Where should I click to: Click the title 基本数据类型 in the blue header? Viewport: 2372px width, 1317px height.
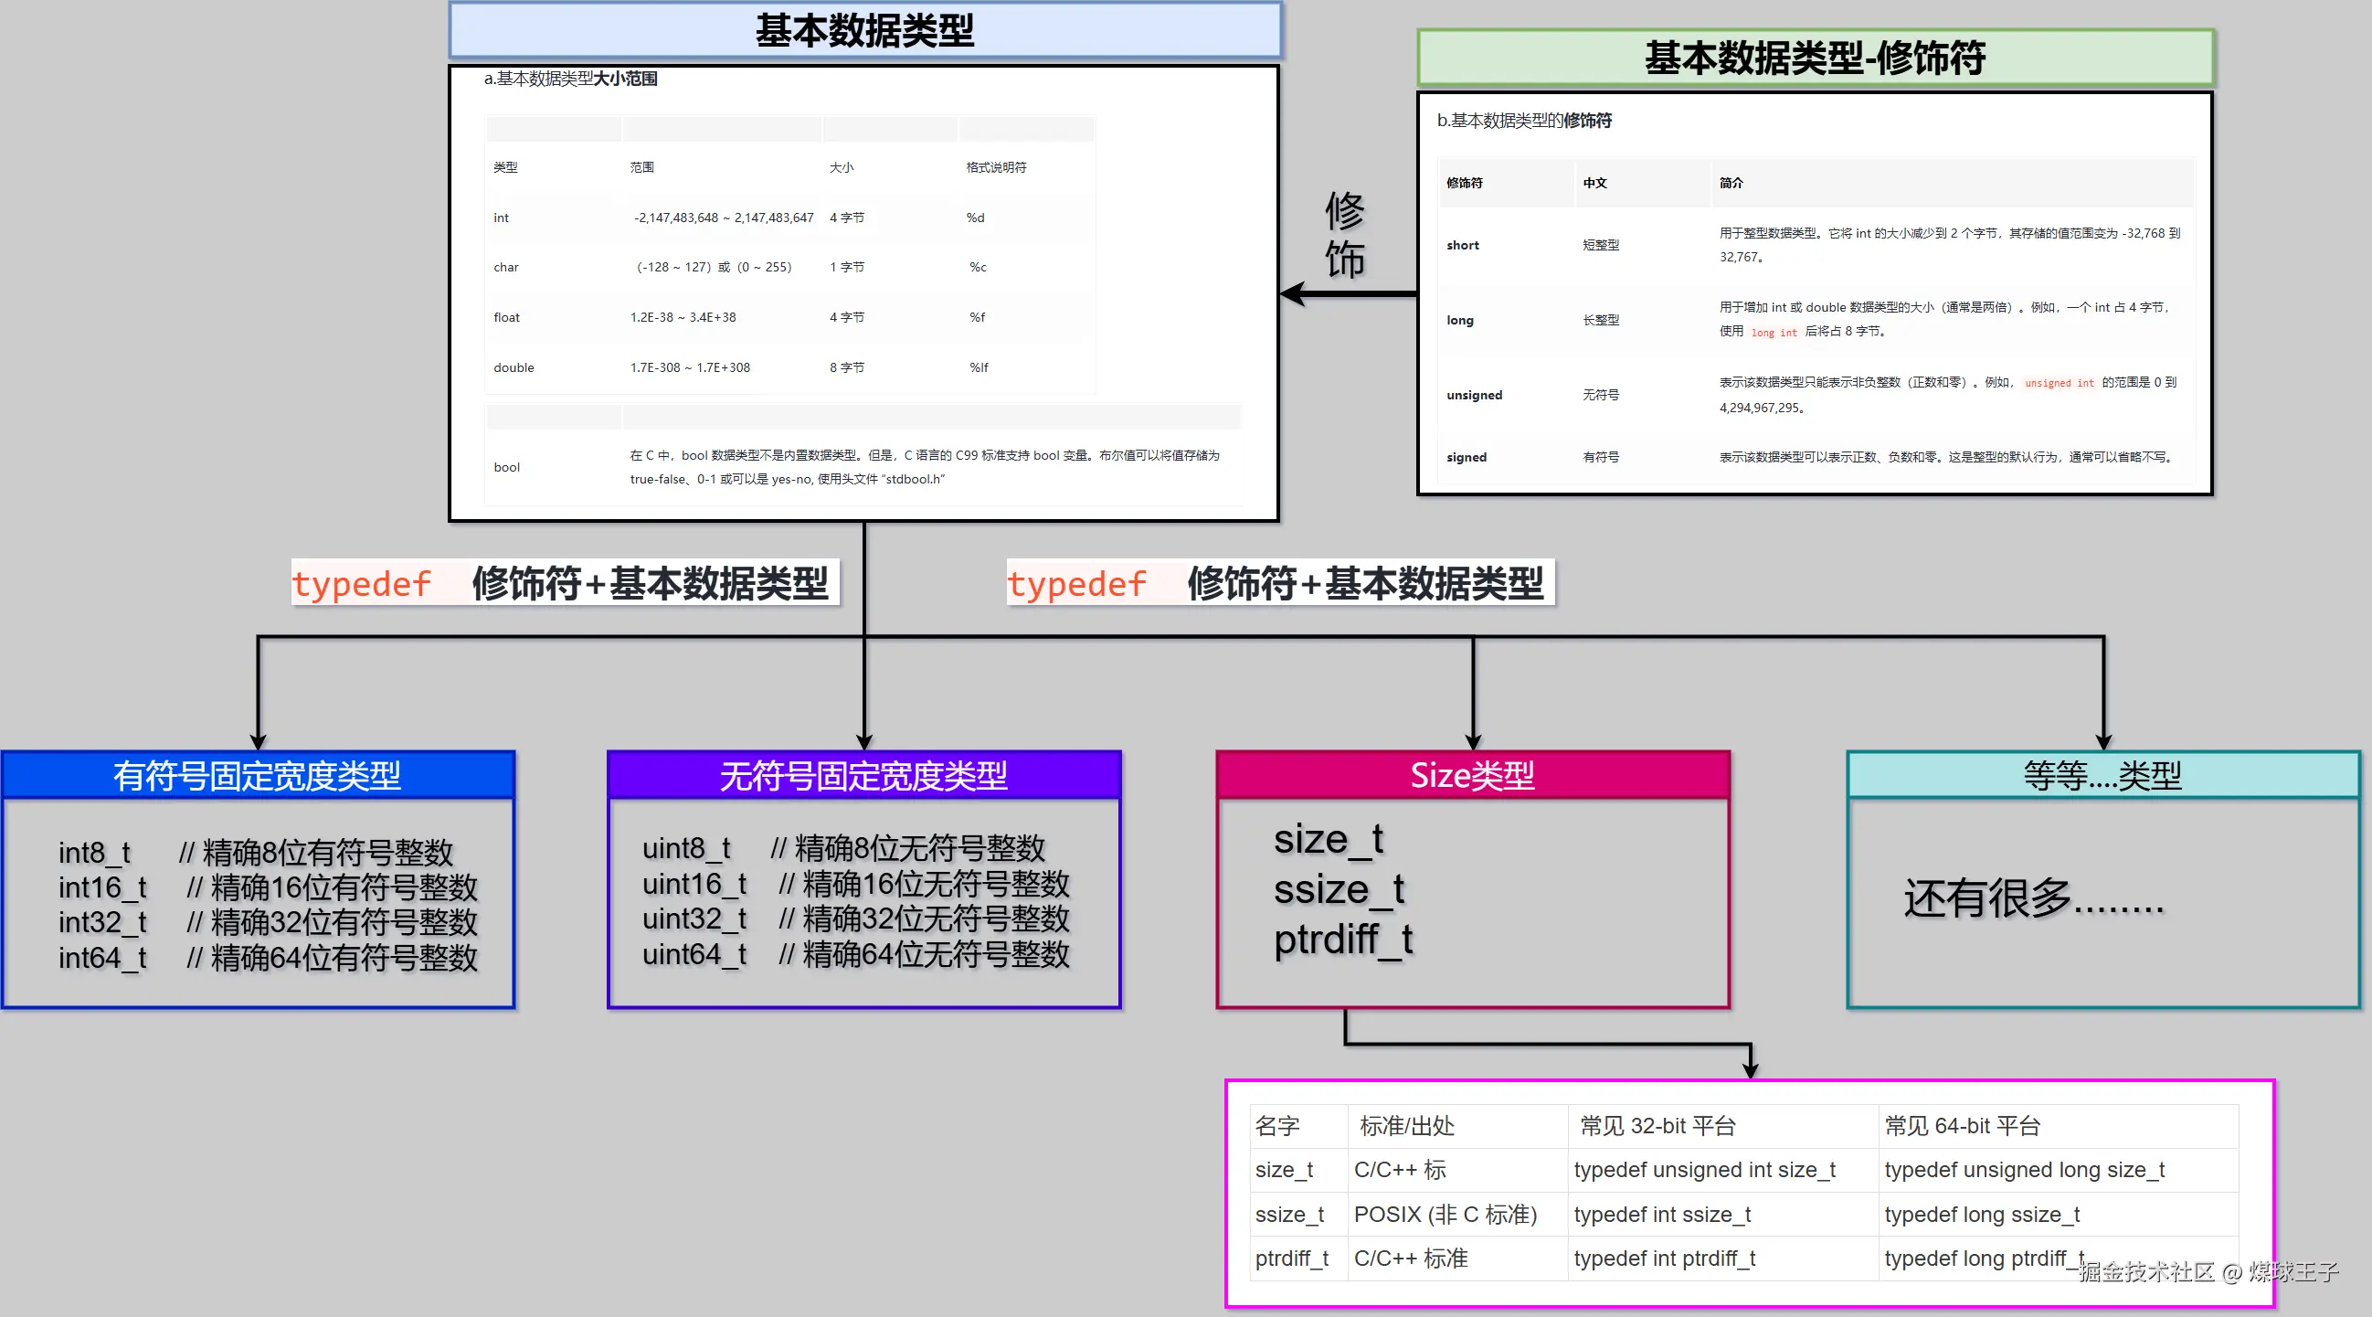point(864,30)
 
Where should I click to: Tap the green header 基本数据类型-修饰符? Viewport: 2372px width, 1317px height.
point(1814,58)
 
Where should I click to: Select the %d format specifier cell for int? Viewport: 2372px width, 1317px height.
point(975,218)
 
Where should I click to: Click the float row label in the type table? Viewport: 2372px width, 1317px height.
point(506,317)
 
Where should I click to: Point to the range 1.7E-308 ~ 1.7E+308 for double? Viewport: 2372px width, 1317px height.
point(690,367)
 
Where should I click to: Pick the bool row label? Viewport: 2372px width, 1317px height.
point(506,467)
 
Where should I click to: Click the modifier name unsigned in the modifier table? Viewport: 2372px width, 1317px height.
point(1474,395)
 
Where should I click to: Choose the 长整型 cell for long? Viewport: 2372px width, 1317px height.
point(1600,320)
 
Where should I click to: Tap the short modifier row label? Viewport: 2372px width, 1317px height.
point(1462,245)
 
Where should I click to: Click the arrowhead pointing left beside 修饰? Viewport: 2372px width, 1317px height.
point(1293,293)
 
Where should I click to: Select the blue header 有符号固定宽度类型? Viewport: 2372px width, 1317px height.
point(257,775)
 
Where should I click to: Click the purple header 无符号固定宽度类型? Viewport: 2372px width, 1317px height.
point(863,775)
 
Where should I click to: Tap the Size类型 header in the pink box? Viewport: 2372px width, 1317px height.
point(1471,775)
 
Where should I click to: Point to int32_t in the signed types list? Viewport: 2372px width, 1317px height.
point(102,922)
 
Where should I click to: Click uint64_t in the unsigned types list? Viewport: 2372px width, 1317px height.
point(694,954)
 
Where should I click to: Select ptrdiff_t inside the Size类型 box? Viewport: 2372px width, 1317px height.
point(1342,940)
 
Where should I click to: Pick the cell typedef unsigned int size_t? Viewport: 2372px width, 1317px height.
point(1704,1170)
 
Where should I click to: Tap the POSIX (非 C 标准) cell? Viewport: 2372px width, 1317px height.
point(1445,1215)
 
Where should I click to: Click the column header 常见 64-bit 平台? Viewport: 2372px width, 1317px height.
point(1963,1125)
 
